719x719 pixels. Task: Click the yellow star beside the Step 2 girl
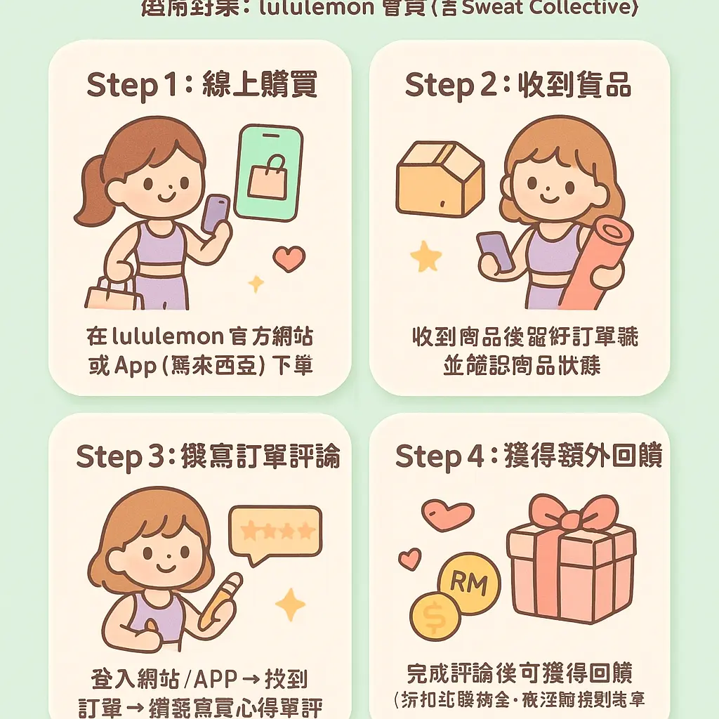click(426, 257)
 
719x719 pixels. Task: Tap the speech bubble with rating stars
click(276, 533)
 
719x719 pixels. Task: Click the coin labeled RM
click(468, 582)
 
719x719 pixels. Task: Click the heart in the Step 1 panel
click(289, 258)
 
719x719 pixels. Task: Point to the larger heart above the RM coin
click(448, 515)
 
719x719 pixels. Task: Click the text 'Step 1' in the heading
click(121, 85)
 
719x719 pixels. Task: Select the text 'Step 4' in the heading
click(440, 456)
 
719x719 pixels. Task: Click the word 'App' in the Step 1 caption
click(134, 366)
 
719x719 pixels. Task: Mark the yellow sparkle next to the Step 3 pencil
click(289, 605)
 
